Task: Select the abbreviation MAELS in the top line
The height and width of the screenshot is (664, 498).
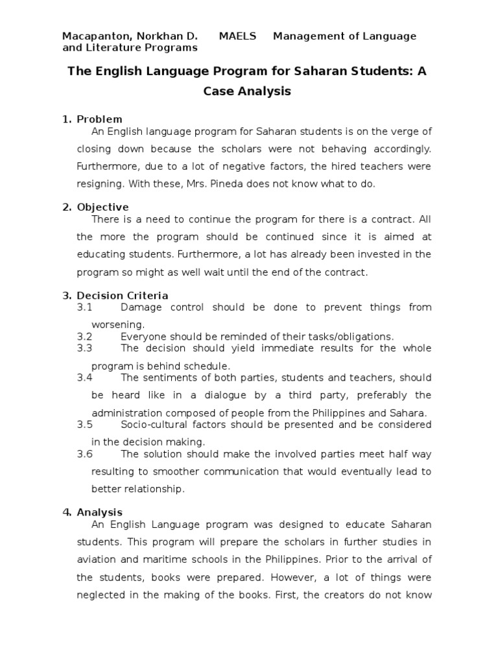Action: tap(237, 36)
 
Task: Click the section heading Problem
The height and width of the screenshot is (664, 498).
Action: tap(99, 119)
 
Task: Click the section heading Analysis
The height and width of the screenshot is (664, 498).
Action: tap(99, 512)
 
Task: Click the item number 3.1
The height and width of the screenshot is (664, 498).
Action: tap(85, 307)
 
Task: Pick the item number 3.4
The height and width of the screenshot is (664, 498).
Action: tap(85, 377)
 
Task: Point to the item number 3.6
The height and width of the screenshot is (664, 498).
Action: tap(85, 454)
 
